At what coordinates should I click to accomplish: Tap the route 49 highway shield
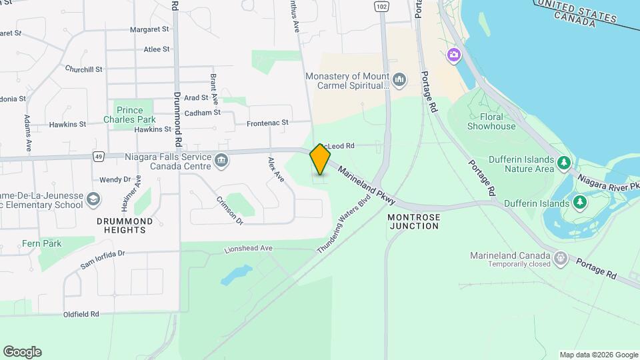coord(98,157)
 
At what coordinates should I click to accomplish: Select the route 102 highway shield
coord(381,6)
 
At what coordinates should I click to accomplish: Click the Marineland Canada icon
coord(561,257)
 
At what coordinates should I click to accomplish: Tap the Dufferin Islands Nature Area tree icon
coord(564,162)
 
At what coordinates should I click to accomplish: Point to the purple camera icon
coord(454,54)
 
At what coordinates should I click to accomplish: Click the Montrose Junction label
coord(413,221)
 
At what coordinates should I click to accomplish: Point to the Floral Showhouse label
coord(491,121)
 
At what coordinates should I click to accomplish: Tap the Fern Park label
coord(41,243)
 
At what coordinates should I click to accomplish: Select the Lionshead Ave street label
coord(248,249)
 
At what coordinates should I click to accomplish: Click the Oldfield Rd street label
coord(81,314)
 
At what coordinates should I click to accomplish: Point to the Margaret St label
coord(150,29)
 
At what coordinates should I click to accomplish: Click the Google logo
coord(22,352)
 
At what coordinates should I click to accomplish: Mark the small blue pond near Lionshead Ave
coord(237,274)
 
